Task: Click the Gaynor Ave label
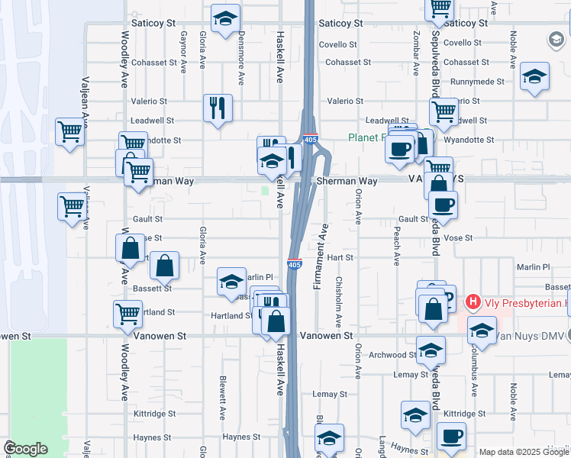tap(184, 51)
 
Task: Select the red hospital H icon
tap(473, 303)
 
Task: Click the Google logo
tap(25, 449)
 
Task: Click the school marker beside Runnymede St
tap(535, 77)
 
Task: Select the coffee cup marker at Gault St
tap(443, 204)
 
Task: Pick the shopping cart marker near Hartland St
tap(127, 313)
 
